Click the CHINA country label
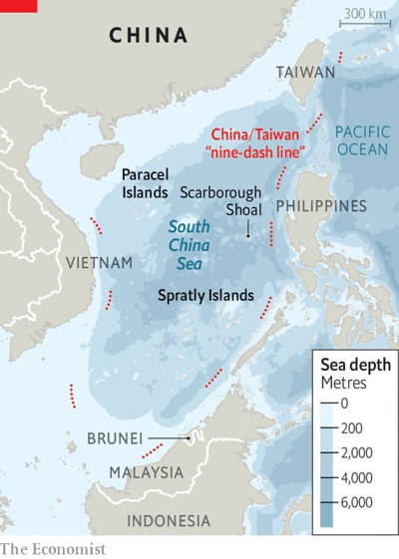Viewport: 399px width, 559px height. [148, 36]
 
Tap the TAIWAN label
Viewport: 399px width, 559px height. [305, 73]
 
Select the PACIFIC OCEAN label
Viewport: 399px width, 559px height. [363, 140]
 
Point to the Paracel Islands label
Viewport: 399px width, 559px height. [145, 183]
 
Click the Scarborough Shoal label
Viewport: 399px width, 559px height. [220, 200]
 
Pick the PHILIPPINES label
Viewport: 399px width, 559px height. [321, 206]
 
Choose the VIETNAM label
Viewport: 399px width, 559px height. [99, 262]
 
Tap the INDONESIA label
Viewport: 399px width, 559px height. [169, 521]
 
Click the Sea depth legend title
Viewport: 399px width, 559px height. [354, 365]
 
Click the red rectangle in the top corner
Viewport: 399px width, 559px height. [18, 5]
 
